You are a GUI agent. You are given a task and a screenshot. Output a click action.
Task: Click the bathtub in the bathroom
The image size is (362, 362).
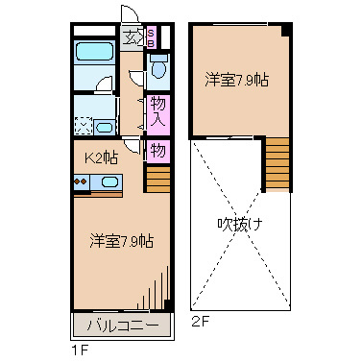(94, 55)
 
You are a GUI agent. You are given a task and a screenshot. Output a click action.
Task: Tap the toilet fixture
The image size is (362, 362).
(159, 69)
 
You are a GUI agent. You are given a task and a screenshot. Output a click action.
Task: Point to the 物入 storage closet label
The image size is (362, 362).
(159, 111)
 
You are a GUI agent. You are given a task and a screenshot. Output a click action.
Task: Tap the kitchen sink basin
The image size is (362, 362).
(109, 182)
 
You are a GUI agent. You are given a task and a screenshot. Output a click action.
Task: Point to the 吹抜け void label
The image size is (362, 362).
(239, 225)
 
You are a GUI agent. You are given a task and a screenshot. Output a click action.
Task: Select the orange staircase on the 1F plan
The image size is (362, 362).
(157, 180)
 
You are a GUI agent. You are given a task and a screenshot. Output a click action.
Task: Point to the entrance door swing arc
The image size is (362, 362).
(128, 17)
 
